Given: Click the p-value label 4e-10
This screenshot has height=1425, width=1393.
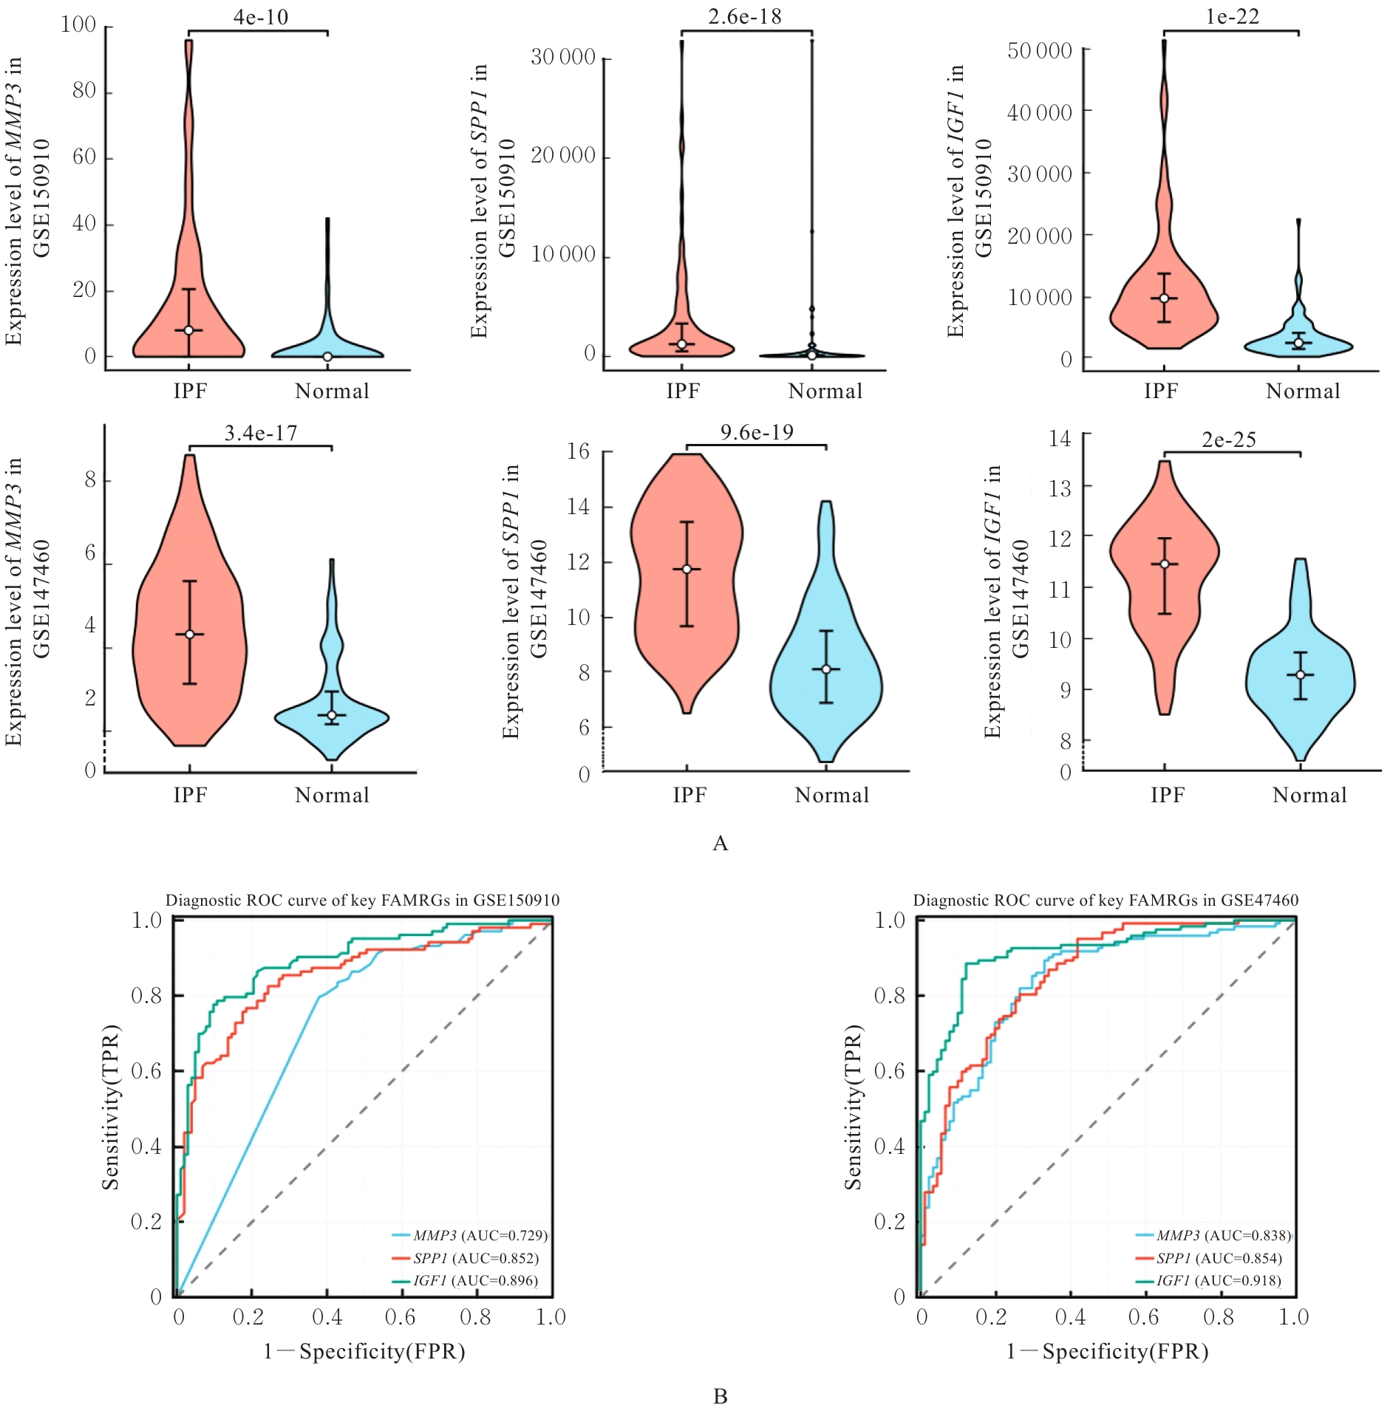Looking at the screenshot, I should point(261,17).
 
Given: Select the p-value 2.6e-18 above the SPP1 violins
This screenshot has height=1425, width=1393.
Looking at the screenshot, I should point(744,17).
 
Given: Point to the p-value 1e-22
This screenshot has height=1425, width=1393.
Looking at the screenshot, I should point(1232,17).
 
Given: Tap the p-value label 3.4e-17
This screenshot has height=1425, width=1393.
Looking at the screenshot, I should point(261,433).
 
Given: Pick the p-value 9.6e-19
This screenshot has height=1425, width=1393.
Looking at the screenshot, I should point(757,432).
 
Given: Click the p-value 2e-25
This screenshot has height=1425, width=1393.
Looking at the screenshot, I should point(1228,440).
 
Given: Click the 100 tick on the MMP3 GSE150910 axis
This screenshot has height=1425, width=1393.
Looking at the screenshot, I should point(78,25).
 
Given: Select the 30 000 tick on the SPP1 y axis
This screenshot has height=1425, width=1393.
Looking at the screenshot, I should point(563,57).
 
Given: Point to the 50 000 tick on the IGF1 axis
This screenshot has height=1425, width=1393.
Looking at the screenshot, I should point(1039,51).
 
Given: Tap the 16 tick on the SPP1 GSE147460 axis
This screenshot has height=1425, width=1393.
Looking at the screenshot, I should point(579,451).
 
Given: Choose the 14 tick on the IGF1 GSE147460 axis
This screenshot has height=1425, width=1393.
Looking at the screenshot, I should point(1060,438).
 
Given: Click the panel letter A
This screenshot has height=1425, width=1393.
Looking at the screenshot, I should point(720,843).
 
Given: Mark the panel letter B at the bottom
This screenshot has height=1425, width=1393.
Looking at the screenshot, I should point(720,1396).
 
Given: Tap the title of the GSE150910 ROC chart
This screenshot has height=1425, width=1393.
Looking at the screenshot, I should point(362,901).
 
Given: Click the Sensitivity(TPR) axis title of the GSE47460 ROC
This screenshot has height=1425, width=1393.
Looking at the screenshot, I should point(854,1107).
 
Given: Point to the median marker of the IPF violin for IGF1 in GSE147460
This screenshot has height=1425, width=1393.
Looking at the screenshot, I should point(1165,564).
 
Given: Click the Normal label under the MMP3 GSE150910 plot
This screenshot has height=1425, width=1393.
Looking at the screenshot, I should point(332,392).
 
